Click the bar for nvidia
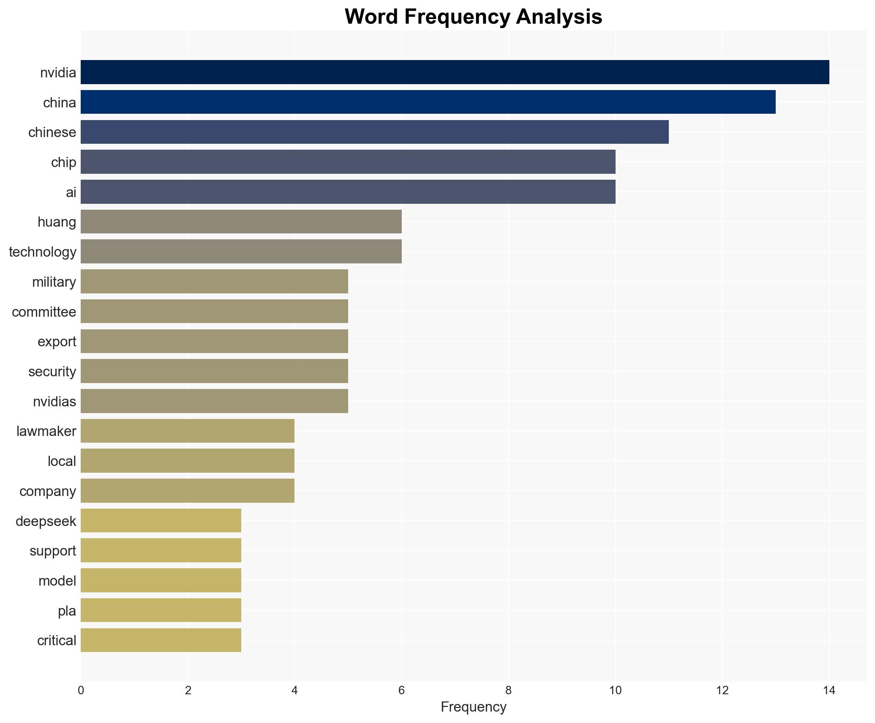pos(455,72)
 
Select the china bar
pos(428,102)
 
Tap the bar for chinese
pos(374,132)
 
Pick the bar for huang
pos(241,222)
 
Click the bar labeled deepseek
pos(161,520)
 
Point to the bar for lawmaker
pos(187,431)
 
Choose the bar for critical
pos(161,640)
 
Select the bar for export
pos(214,341)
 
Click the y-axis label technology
pos(43,252)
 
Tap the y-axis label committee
pos(44,312)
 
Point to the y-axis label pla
pos(67,611)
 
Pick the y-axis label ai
pos(71,192)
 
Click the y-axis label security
pos(52,372)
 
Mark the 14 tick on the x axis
pos(829,691)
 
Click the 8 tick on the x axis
pos(508,691)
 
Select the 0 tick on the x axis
pos(81,691)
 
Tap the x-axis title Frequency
pos(473,707)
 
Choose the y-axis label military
pos(54,282)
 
